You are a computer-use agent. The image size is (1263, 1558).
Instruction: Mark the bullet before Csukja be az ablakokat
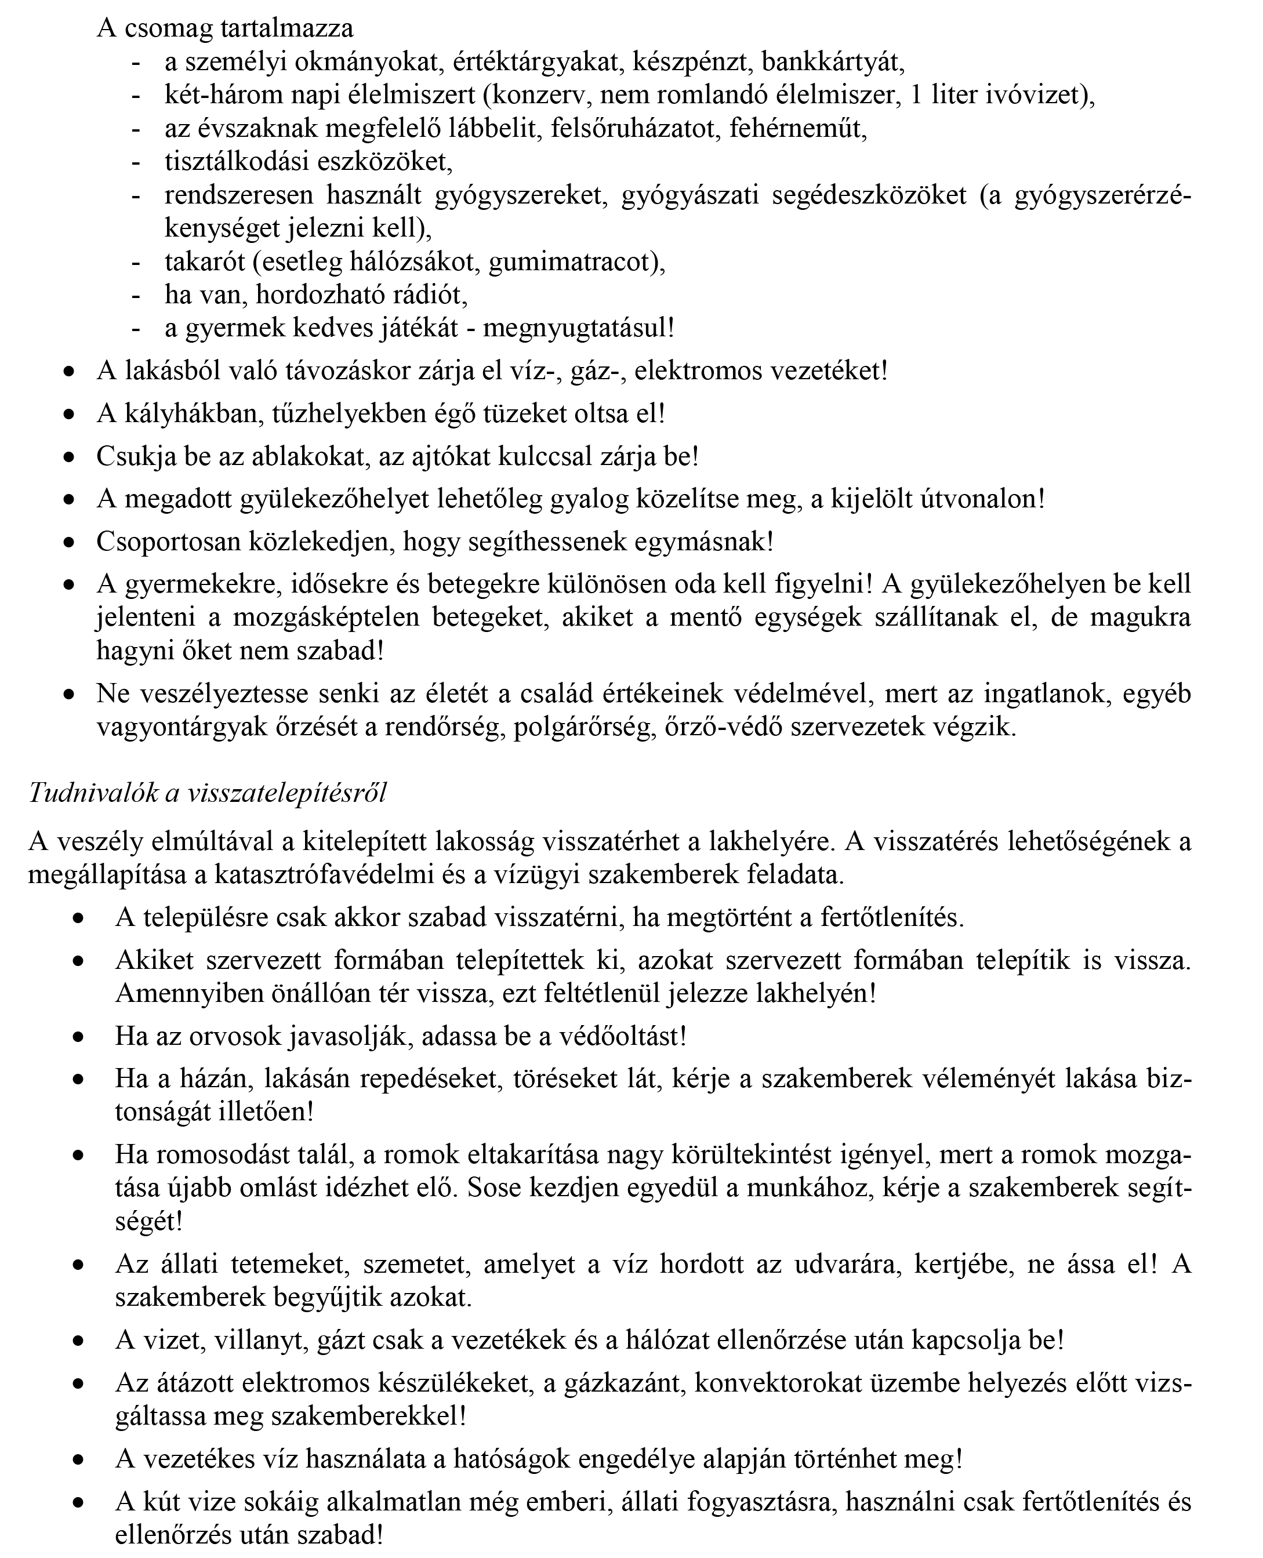pyautogui.click(x=68, y=458)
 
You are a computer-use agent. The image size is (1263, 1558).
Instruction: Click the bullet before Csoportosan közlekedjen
pyautogui.click(x=68, y=543)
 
